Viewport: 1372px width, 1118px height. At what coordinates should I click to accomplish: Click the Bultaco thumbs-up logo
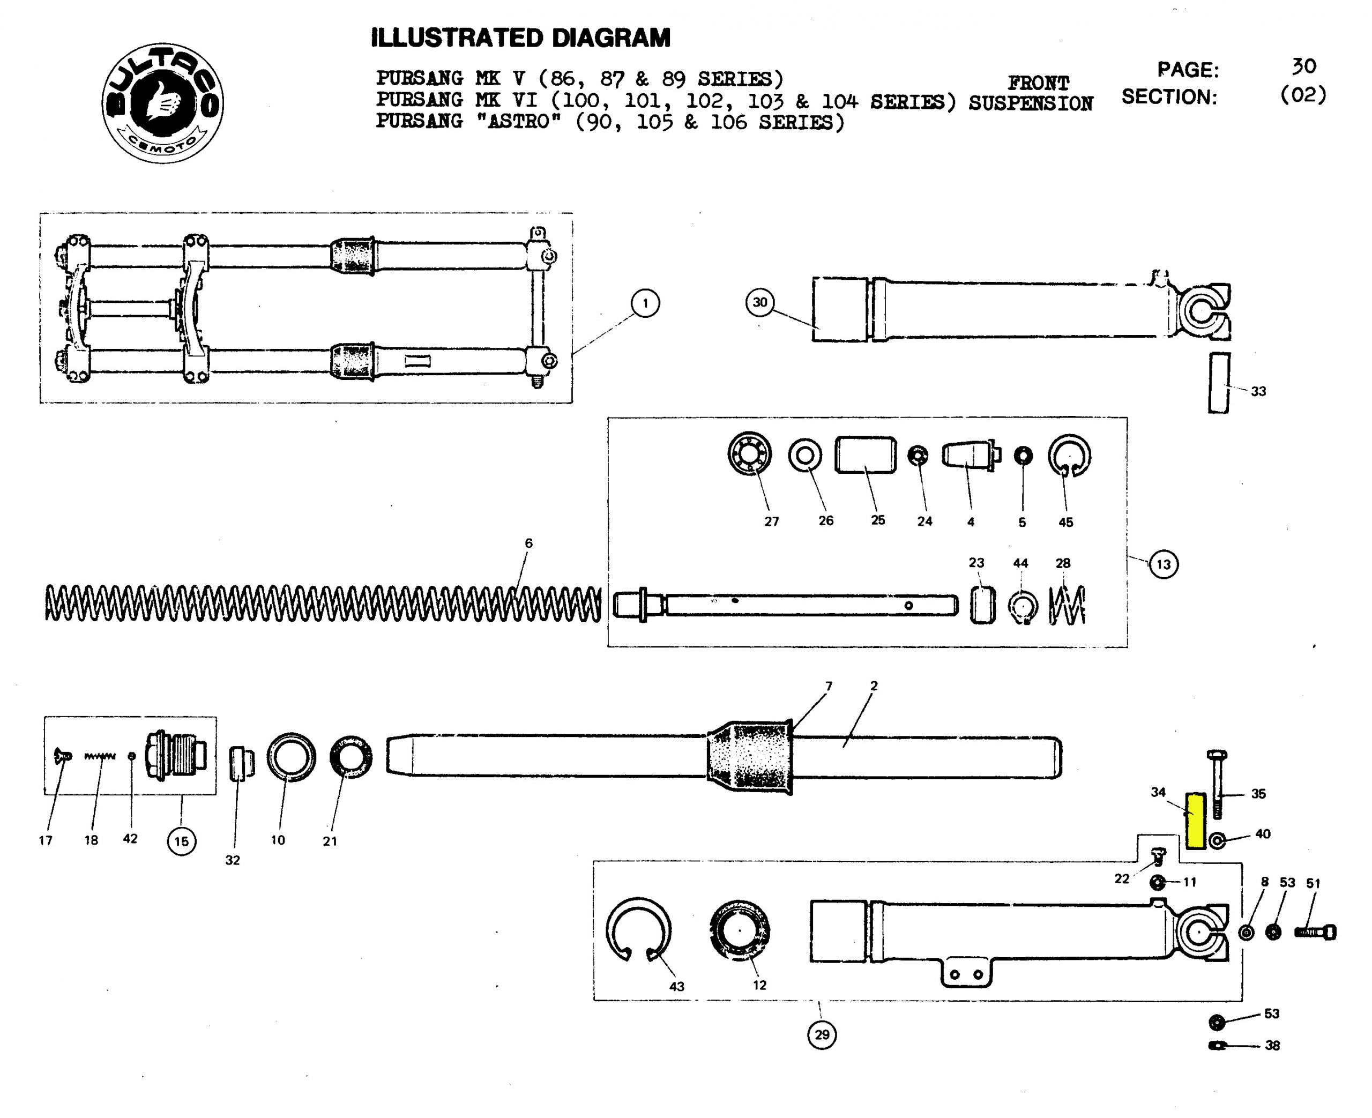(163, 103)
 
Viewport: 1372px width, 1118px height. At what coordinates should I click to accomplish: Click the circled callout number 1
(645, 303)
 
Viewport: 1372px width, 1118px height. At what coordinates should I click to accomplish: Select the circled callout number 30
(760, 302)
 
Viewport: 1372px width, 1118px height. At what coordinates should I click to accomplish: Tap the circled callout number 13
(1163, 565)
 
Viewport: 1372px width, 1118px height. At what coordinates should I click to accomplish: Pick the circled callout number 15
(182, 841)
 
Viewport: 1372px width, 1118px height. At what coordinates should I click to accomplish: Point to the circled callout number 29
(822, 1034)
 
